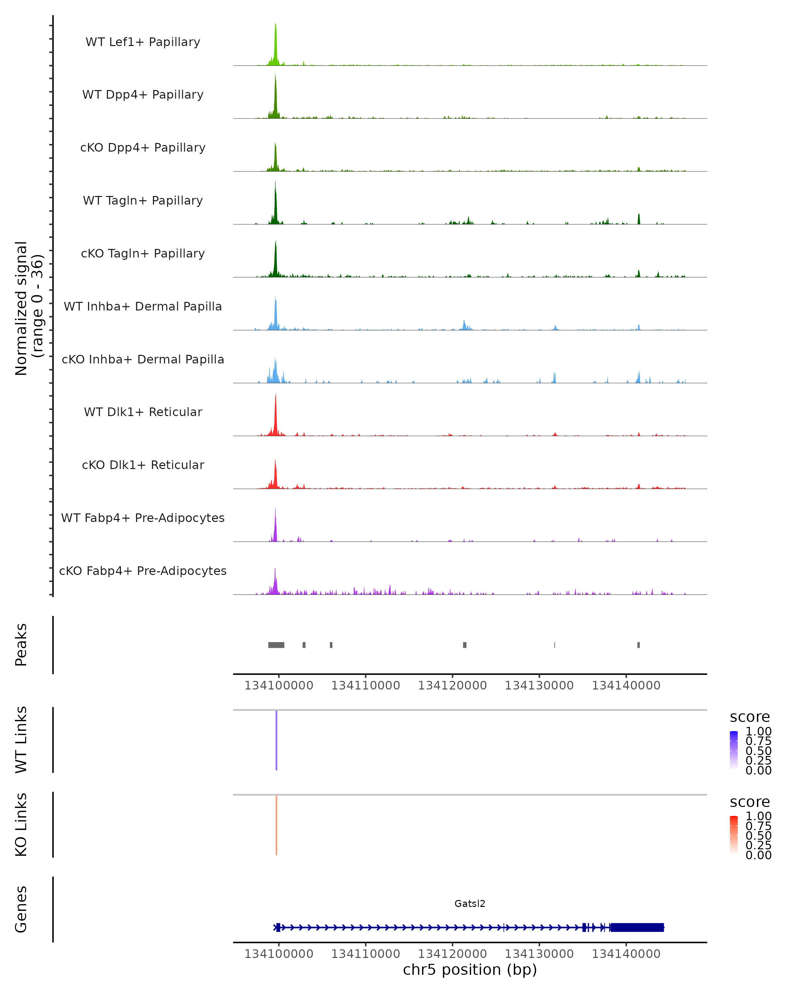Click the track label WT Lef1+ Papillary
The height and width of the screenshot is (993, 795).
143,42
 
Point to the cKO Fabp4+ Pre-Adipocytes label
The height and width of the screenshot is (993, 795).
143,571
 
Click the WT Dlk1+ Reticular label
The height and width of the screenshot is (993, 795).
143,412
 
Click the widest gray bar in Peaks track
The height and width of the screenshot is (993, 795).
276,645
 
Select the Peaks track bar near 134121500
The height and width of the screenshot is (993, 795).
464,645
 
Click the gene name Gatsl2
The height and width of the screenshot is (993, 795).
470,904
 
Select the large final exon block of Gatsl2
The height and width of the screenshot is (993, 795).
637,927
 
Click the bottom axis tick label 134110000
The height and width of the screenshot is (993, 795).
365,954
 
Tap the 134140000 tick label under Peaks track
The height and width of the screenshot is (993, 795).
626,686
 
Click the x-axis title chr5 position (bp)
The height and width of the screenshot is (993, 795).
470,970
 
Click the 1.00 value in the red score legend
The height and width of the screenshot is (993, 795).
758,816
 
